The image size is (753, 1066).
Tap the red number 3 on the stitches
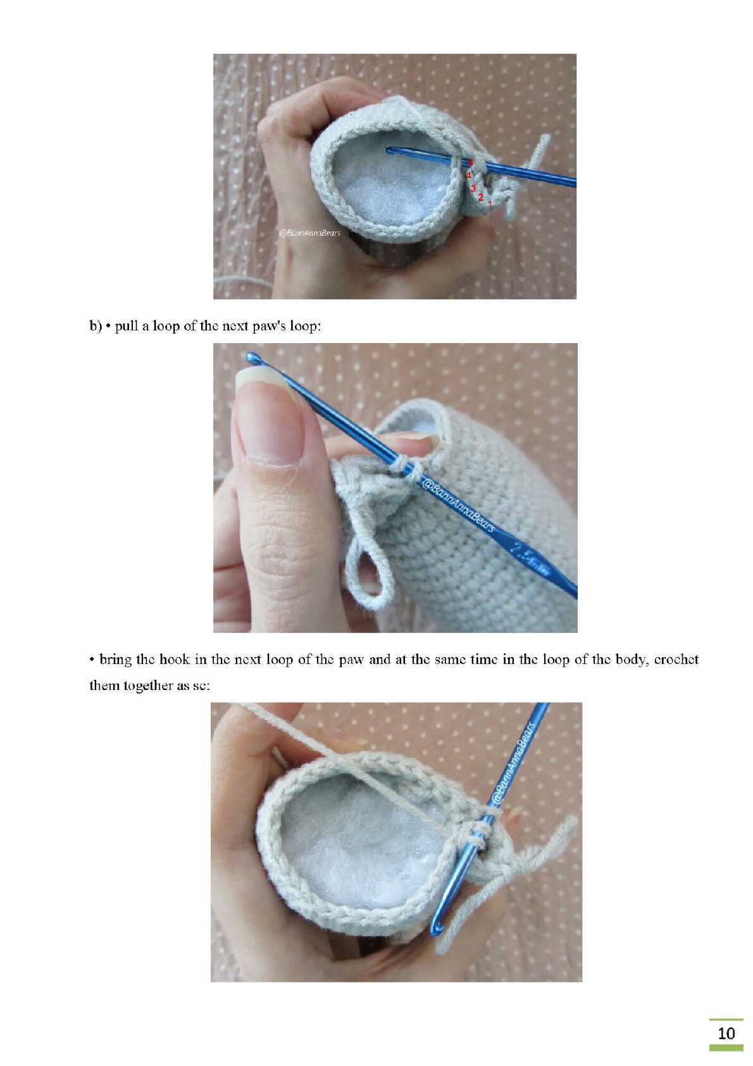pos(473,189)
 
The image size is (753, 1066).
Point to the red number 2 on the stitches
pos(480,196)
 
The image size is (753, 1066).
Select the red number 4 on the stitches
pos(468,175)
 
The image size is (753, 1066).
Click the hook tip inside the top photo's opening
pos(390,151)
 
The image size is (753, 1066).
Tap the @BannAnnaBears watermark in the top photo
pos(309,233)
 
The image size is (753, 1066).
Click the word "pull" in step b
pos(126,327)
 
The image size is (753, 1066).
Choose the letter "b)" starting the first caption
pos(96,326)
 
